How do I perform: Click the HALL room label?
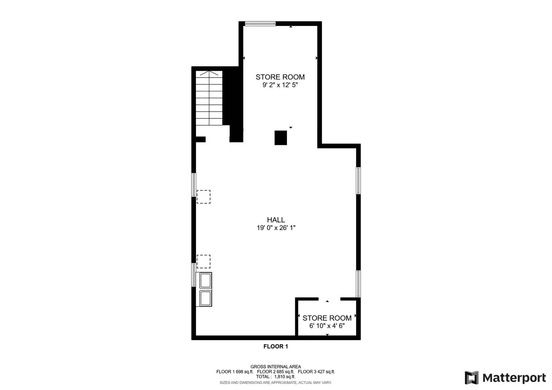pyautogui.click(x=276, y=220)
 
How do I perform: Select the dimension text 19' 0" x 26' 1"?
pyautogui.click(x=276, y=228)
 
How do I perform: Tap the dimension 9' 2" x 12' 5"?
pyautogui.click(x=280, y=85)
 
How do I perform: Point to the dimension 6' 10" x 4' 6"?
pyautogui.click(x=327, y=326)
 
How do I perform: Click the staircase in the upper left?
pyautogui.click(x=209, y=98)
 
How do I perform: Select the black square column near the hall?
pyautogui.click(x=281, y=138)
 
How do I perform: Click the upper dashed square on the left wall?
pyautogui.click(x=203, y=197)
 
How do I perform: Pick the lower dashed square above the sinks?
pyautogui.click(x=203, y=261)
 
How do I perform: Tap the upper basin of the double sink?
pyautogui.click(x=205, y=280)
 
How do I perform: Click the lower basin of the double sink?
pyautogui.click(x=205, y=298)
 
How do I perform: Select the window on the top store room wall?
pyautogui.click(x=260, y=24)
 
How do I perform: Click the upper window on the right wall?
pyautogui.click(x=358, y=181)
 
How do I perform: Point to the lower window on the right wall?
pyautogui.click(x=358, y=283)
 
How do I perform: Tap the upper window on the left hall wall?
pyautogui.click(x=194, y=185)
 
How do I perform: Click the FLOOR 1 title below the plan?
pyautogui.click(x=275, y=346)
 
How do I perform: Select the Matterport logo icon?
pyautogui.click(x=471, y=378)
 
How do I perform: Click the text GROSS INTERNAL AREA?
pyautogui.click(x=275, y=367)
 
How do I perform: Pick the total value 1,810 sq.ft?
pyautogui.click(x=285, y=377)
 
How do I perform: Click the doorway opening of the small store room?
pyautogui.click(x=329, y=299)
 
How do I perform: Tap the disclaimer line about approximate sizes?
pyautogui.click(x=275, y=382)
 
